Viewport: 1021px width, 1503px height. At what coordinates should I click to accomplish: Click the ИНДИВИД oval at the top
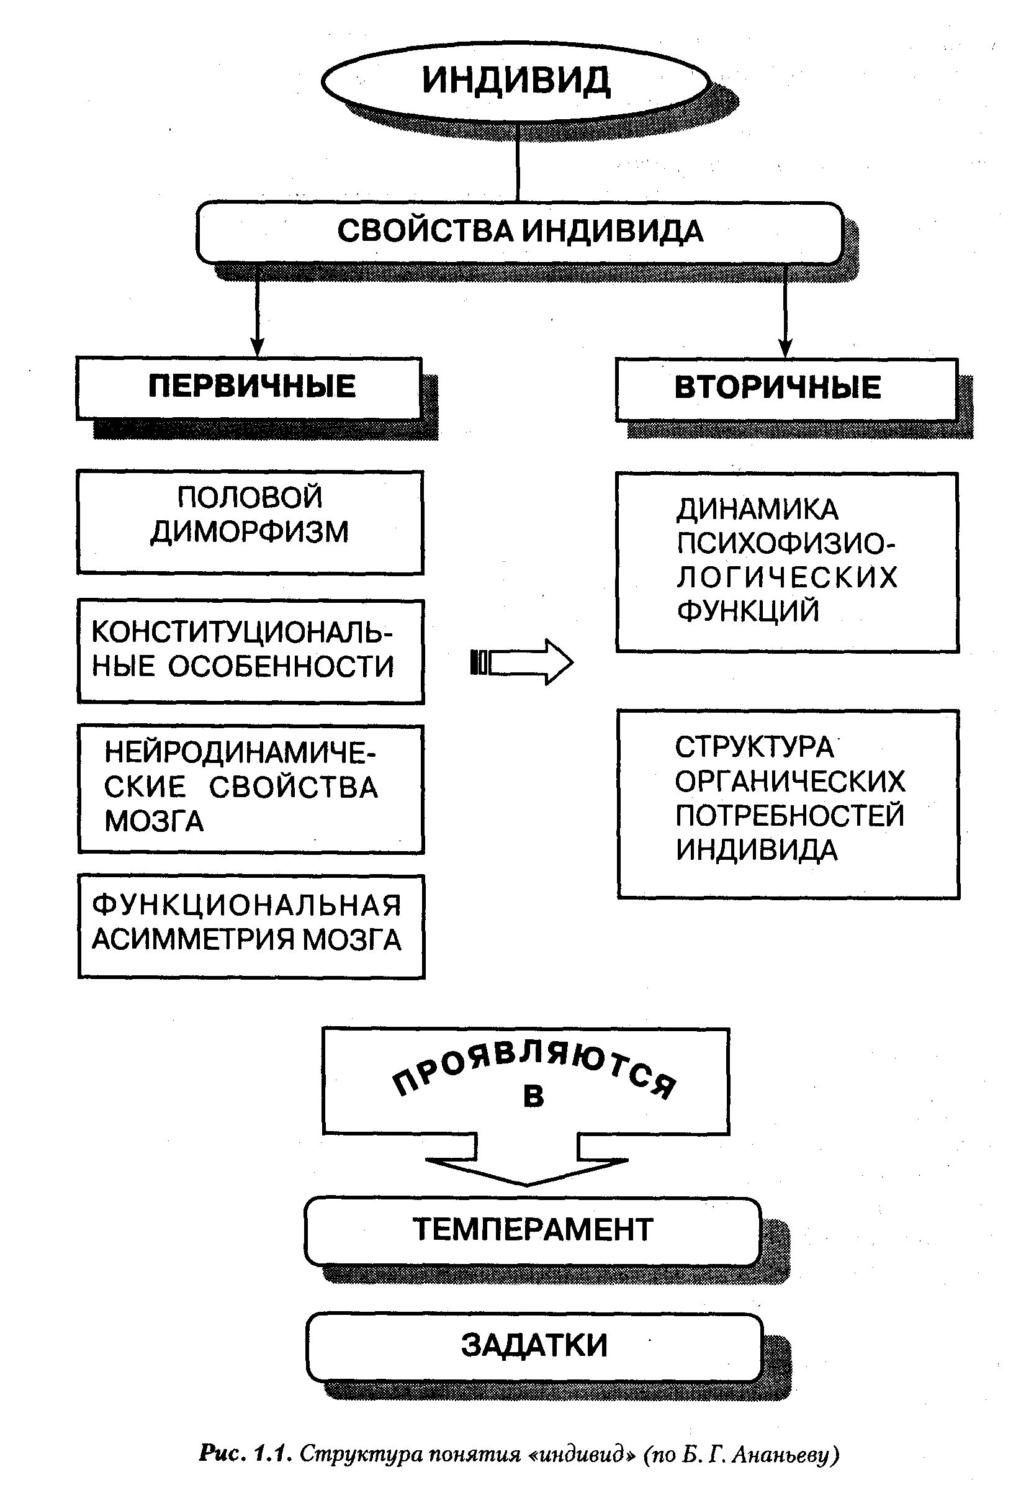click(x=515, y=81)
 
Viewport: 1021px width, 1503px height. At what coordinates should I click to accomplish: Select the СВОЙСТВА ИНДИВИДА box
click(x=519, y=232)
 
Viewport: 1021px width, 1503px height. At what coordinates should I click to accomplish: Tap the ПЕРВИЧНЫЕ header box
click(x=251, y=387)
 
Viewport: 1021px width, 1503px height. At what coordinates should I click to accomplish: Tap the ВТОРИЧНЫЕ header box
click(x=777, y=388)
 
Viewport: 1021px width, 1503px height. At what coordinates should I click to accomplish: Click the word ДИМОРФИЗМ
click(x=250, y=531)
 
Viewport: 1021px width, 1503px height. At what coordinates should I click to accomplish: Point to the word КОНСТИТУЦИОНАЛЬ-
click(x=242, y=632)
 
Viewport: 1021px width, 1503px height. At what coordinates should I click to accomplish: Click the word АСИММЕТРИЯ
click(x=194, y=940)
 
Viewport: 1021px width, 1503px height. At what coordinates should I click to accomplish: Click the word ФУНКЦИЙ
click(x=747, y=610)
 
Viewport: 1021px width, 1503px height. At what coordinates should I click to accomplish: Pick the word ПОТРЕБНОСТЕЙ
click(x=789, y=816)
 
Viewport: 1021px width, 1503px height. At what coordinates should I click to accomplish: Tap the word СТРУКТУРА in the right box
click(x=754, y=747)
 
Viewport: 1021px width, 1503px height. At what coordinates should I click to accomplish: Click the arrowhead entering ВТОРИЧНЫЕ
click(x=785, y=348)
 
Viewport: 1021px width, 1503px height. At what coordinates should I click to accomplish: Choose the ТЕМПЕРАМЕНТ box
click(x=532, y=1229)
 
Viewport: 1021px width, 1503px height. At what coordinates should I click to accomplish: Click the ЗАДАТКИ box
click(x=534, y=1346)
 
